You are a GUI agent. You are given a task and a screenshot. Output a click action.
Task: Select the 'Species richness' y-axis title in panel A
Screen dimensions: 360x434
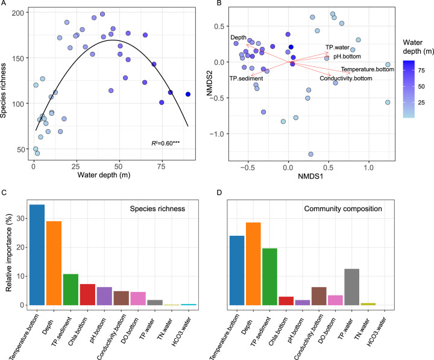[x=8, y=81]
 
